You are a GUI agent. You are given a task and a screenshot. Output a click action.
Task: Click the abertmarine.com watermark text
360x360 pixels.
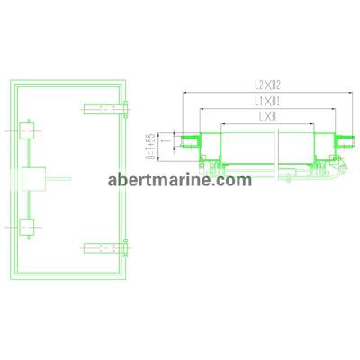click(x=178, y=179)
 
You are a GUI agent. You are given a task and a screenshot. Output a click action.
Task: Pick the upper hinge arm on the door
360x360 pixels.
click(x=103, y=110)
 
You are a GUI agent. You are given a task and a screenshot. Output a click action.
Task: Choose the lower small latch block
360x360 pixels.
click(x=30, y=229)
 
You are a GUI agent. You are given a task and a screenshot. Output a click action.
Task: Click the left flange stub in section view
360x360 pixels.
click(x=192, y=142)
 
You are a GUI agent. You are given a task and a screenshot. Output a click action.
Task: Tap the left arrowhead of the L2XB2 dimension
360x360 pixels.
click(x=184, y=94)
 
